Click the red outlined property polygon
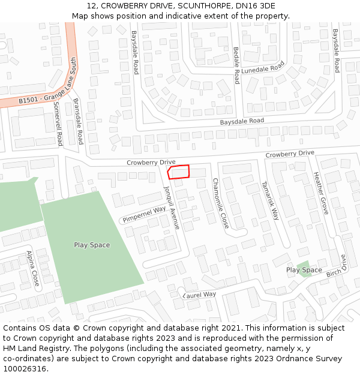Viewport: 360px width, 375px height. (x=179, y=172)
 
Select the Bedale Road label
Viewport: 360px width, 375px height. (x=236, y=64)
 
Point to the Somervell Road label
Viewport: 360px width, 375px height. (x=58, y=124)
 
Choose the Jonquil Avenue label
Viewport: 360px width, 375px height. (x=172, y=207)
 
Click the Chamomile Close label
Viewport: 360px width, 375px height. (x=221, y=205)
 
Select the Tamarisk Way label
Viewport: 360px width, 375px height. (x=270, y=201)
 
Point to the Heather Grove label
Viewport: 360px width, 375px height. (x=321, y=193)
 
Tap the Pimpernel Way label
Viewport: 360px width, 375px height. (x=145, y=214)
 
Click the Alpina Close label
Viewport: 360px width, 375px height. (x=32, y=268)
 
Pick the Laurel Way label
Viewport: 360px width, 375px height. (x=200, y=295)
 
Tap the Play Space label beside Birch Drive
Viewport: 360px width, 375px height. (x=304, y=270)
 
